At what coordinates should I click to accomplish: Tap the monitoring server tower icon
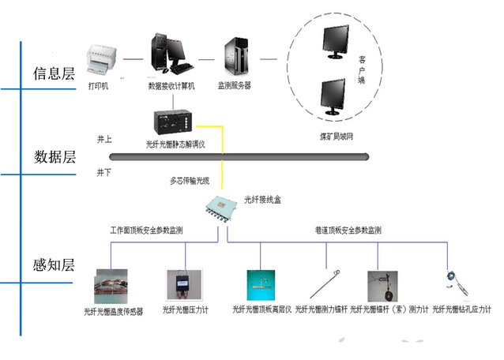235,55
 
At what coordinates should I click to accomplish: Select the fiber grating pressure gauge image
178,284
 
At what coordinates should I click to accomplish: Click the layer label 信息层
54,74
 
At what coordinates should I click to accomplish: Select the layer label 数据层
54,157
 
